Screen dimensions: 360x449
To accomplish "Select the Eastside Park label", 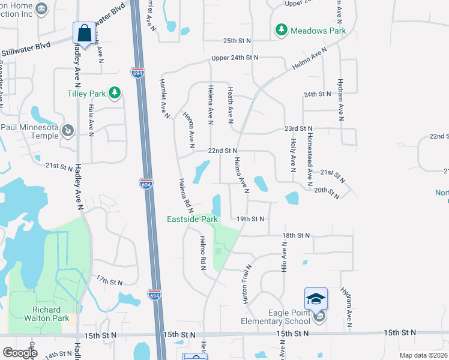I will point(192,220).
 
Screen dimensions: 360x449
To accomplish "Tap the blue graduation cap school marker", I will point(316,299).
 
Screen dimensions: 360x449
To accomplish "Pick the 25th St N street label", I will point(237,40).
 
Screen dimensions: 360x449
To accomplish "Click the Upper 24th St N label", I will point(235,58).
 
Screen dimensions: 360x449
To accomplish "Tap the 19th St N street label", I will point(250,219).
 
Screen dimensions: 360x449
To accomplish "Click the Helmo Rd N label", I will point(202,252).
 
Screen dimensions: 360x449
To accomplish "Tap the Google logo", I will point(20,353).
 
